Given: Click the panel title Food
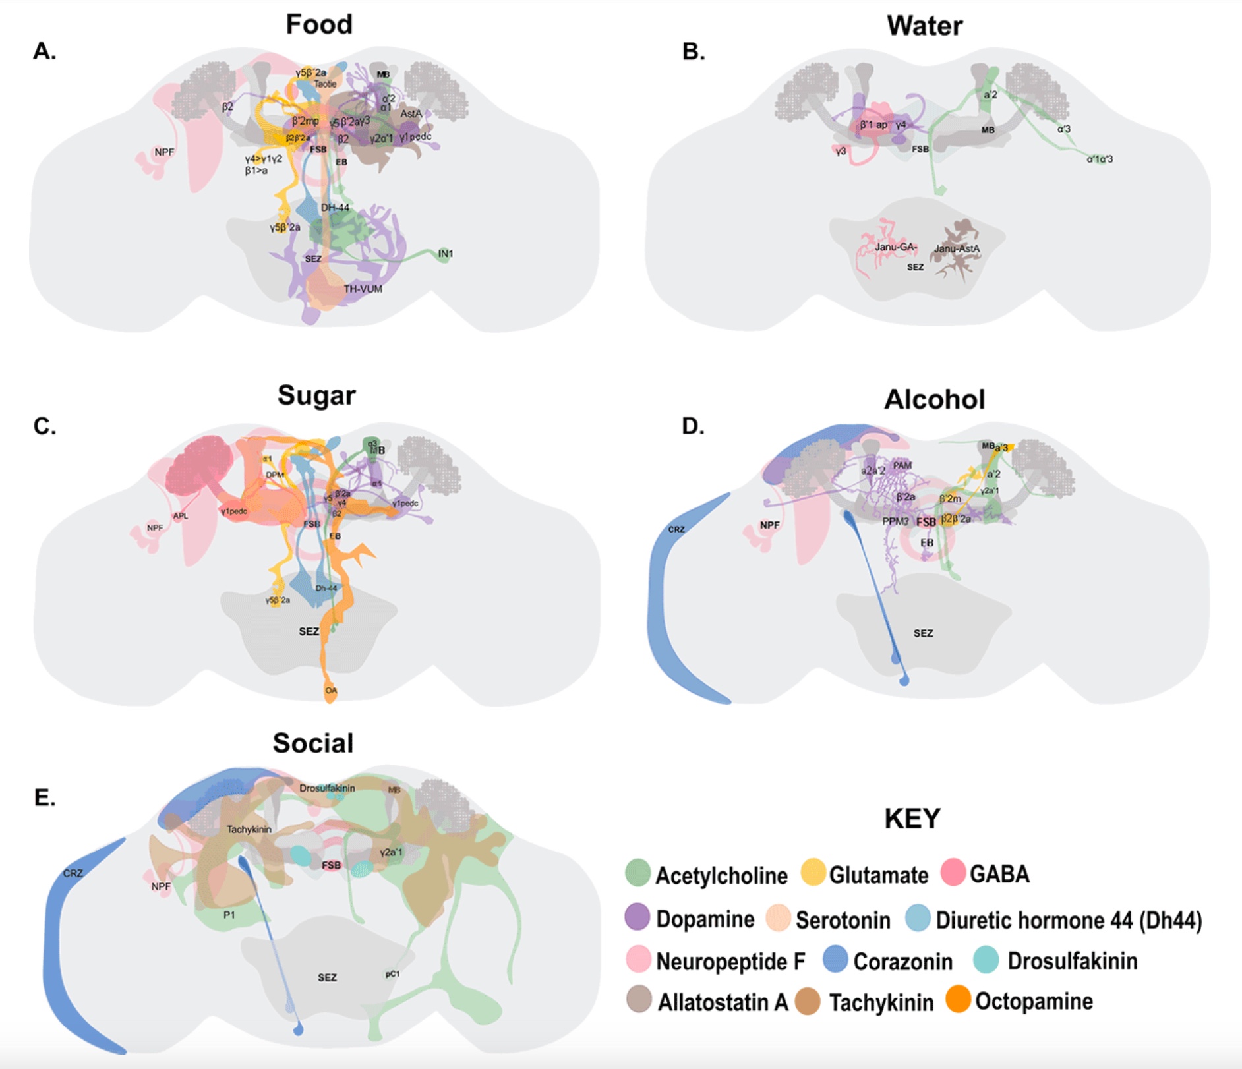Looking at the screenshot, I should pyautogui.click(x=319, y=24).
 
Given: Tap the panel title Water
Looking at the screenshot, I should pyautogui.click(x=924, y=26).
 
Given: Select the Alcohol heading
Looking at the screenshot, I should pyautogui.click(x=934, y=399).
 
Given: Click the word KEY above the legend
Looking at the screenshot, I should pyautogui.click(x=912, y=818).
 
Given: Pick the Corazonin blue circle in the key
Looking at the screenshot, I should pyautogui.click(x=836, y=959).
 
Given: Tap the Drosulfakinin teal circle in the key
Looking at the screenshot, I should pyautogui.click(x=986, y=959).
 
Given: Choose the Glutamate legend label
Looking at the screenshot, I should pyautogui.click(x=878, y=875).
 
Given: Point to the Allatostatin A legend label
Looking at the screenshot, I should pyautogui.click(x=723, y=1002).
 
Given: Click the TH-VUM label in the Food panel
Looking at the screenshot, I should pyautogui.click(x=363, y=289).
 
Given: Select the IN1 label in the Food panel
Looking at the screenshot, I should pyautogui.click(x=446, y=254).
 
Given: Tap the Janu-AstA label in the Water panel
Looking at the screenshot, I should pyautogui.click(x=957, y=249).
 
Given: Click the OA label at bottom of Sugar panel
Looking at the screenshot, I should pyautogui.click(x=331, y=691).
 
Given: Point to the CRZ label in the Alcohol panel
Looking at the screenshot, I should pyautogui.click(x=676, y=529).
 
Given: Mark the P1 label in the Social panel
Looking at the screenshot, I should pyautogui.click(x=229, y=915).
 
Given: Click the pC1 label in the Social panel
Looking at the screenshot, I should pyautogui.click(x=392, y=973).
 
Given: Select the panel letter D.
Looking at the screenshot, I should pyautogui.click(x=693, y=426).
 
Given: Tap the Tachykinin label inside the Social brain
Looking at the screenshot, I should pyautogui.click(x=249, y=829).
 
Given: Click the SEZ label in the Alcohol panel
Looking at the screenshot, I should pyautogui.click(x=923, y=633).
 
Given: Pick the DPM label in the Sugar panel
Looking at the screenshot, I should pyautogui.click(x=275, y=475).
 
